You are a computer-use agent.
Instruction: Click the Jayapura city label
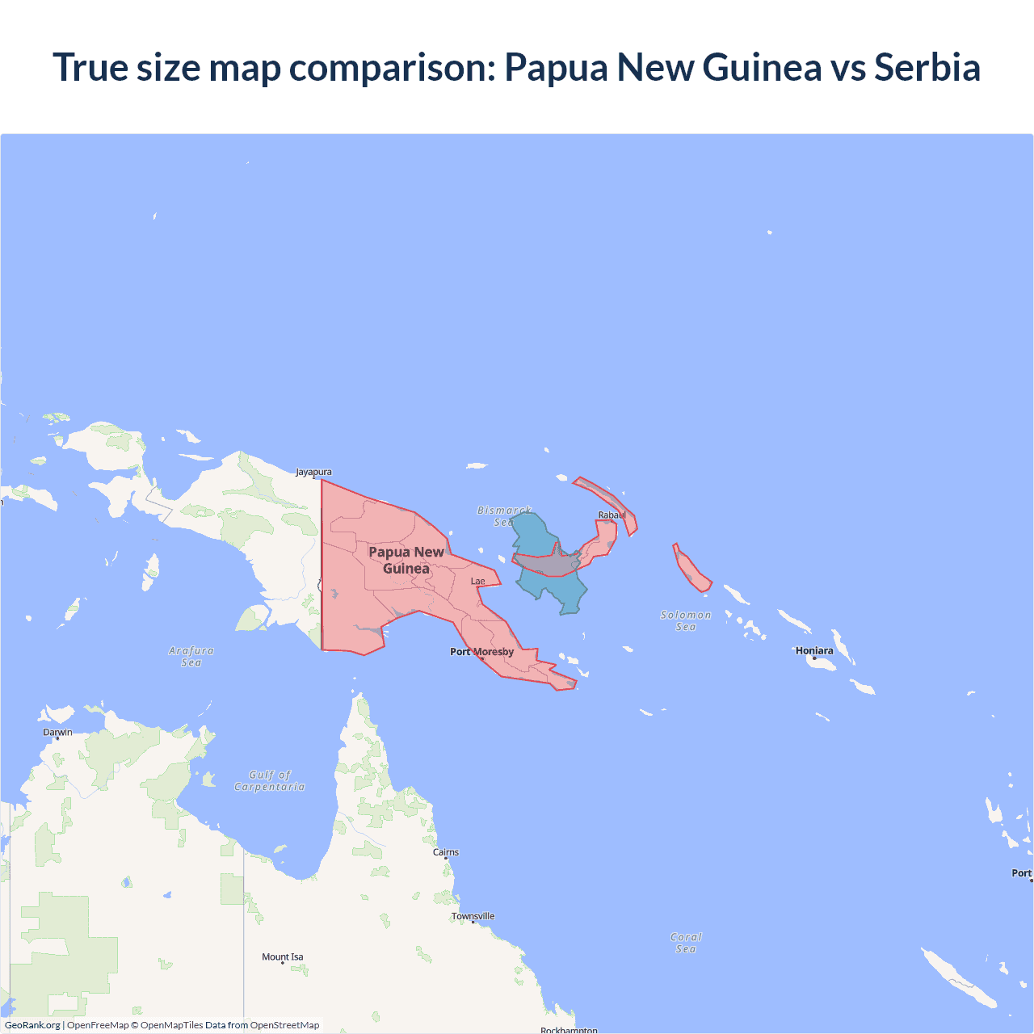coord(313,472)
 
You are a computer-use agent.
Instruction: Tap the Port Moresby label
coord(481,652)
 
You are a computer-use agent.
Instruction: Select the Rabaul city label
coord(612,515)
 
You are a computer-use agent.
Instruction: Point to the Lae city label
coord(478,581)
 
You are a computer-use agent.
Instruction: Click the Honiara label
coord(814,650)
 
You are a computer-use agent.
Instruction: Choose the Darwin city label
coord(57,733)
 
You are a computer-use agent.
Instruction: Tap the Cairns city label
coord(446,852)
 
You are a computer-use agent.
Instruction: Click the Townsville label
coord(473,916)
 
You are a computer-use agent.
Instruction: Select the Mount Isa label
coord(283,957)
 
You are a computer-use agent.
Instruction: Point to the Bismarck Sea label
coord(504,516)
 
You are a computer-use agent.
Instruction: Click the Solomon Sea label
coord(686,620)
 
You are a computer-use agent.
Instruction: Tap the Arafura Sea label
coord(191,656)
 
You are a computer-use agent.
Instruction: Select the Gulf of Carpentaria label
coord(270,780)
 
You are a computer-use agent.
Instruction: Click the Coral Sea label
coord(686,943)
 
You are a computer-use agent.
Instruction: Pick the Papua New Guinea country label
coord(406,560)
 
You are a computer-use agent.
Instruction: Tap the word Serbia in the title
coord(927,67)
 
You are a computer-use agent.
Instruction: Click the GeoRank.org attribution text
coord(32,1025)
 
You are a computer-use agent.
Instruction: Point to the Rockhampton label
coord(569,1030)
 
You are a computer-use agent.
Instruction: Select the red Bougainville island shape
coord(691,569)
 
